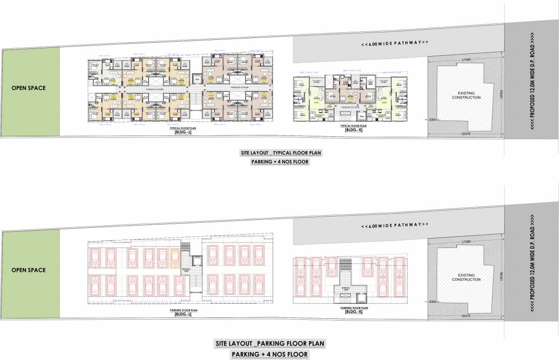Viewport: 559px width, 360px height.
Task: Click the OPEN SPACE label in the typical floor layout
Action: pyautogui.click(x=29, y=88)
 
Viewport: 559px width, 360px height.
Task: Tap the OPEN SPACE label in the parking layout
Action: pyautogui.click(x=29, y=270)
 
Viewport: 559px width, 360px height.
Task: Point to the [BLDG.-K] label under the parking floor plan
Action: pyautogui.click(x=354, y=312)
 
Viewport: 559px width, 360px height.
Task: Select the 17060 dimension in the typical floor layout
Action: pyautogui.click(x=465, y=60)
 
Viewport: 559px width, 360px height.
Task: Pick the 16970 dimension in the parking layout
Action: pyautogui.click(x=465, y=317)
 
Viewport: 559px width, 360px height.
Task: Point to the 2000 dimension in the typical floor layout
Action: pyautogui.click(x=432, y=120)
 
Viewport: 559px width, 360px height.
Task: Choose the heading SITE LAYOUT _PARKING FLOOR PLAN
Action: pyautogui.click(x=269, y=344)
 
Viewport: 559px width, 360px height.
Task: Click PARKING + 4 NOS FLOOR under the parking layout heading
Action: pyautogui.click(x=269, y=354)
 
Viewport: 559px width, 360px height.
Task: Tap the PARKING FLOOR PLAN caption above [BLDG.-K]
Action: pyautogui.click(x=354, y=307)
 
